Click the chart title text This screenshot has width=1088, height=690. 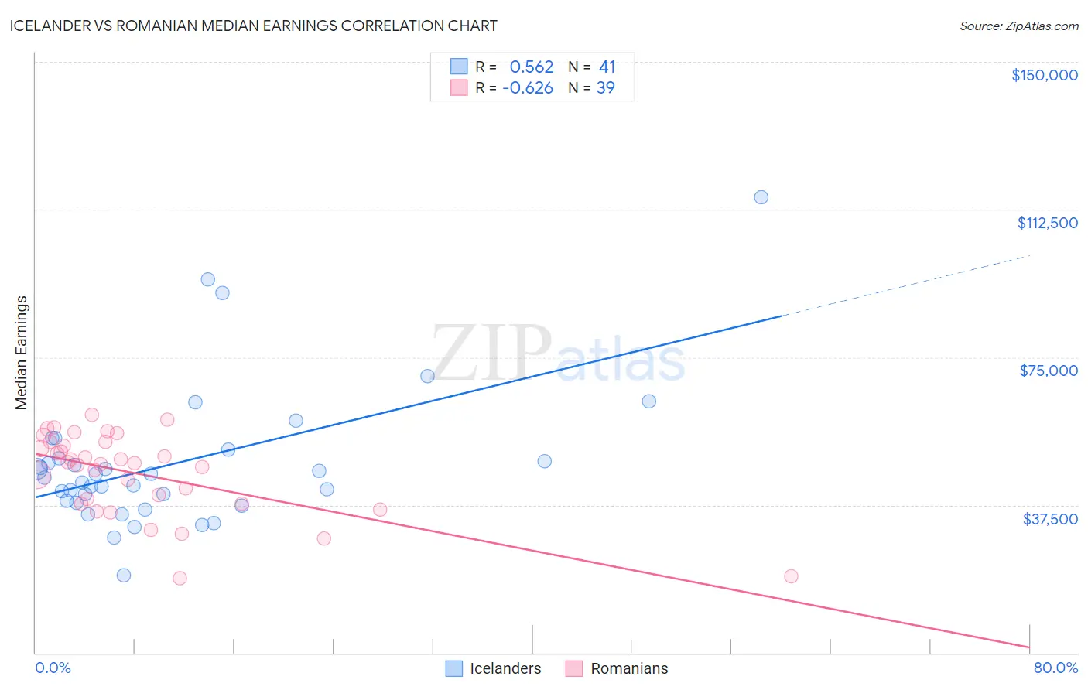pyautogui.click(x=254, y=26)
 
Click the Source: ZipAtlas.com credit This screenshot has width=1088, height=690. pyautogui.click(x=1018, y=26)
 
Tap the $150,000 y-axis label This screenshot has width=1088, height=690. pyautogui.click(x=1044, y=75)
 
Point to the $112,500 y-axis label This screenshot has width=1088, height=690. pyautogui.click(x=1047, y=223)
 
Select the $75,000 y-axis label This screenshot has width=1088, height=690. pyautogui.click(x=1049, y=371)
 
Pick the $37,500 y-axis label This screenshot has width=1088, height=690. pyautogui.click(x=1050, y=519)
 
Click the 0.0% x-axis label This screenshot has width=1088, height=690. pyautogui.click(x=53, y=668)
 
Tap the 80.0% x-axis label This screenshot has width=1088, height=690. pyautogui.click(x=1055, y=668)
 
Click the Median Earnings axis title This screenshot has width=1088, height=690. pyautogui.click(x=22, y=353)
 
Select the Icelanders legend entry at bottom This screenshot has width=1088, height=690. pyautogui.click(x=505, y=668)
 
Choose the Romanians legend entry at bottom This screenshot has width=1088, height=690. pyautogui.click(x=628, y=668)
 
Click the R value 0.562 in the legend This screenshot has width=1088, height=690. pyautogui.click(x=532, y=67)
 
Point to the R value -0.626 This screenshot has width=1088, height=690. pyautogui.click(x=528, y=88)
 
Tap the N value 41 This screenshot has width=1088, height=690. pyautogui.click(x=607, y=67)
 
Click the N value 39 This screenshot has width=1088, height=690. pyautogui.click(x=605, y=88)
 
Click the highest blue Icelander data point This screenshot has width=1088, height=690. pyautogui.click(x=761, y=197)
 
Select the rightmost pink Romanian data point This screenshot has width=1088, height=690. pyautogui.click(x=791, y=576)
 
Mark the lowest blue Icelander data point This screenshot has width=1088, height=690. pyautogui.click(x=124, y=576)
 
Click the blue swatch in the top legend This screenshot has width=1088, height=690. pyautogui.click(x=459, y=67)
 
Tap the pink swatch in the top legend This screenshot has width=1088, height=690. pyautogui.click(x=459, y=87)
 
